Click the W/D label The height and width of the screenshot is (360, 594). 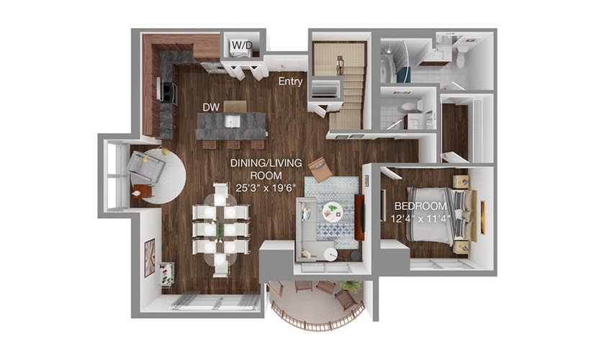(x=242, y=45)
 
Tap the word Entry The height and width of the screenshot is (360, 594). (x=291, y=81)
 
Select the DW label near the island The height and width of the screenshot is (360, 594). (x=211, y=107)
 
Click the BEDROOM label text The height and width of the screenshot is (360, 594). (x=420, y=206)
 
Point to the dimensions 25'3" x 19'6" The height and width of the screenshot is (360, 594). (x=265, y=188)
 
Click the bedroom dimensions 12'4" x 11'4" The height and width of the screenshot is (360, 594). (x=420, y=218)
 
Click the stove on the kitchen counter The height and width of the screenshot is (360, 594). (x=168, y=91)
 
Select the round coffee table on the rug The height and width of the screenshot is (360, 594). (x=333, y=212)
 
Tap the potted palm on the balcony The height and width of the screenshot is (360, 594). (x=351, y=287)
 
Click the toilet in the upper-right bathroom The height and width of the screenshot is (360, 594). (x=462, y=56)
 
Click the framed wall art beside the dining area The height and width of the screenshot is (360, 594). (x=150, y=258)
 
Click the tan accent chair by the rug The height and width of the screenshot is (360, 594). (x=320, y=168)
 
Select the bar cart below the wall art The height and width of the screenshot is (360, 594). (x=166, y=274)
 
